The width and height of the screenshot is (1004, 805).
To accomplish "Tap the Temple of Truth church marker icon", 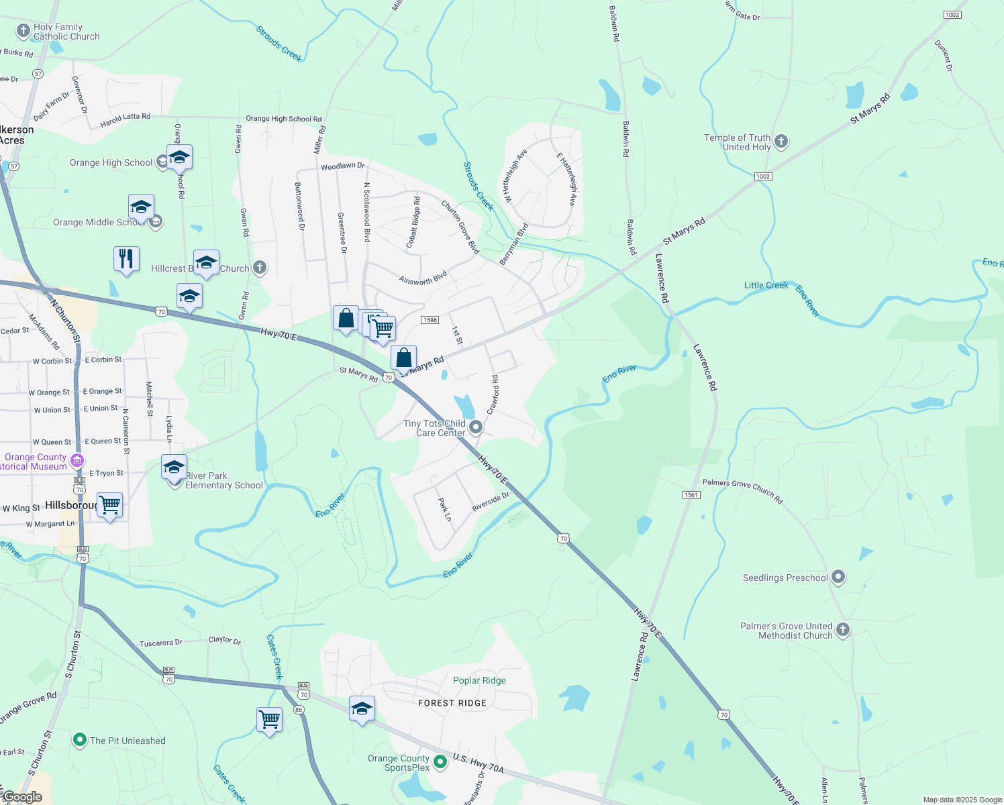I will [x=781, y=142].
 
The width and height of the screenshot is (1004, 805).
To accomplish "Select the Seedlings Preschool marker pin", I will [x=838, y=577].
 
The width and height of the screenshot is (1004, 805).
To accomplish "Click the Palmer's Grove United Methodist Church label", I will [x=786, y=631].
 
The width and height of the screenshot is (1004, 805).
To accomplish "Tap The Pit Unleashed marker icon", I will [x=80, y=740].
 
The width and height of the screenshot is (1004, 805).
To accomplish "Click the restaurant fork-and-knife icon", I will [x=126, y=258].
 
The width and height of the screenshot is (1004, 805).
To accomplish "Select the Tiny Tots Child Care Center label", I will [x=434, y=428].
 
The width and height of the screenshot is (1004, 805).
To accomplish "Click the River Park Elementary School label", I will [x=223, y=480].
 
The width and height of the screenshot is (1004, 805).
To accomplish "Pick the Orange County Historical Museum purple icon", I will [x=77, y=460].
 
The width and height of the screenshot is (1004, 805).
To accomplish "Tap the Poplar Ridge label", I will [x=479, y=680].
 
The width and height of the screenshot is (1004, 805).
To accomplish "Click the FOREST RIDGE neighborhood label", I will [x=452, y=703].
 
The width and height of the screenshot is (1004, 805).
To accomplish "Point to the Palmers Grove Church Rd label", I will [x=742, y=491].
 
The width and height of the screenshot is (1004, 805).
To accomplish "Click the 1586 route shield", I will [x=430, y=320].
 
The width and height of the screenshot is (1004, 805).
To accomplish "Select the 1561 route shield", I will [x=691, y=495].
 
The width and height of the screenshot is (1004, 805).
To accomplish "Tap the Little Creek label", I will [x=766, y=285].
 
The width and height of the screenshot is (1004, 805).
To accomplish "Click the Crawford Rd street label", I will [x=493, y=394].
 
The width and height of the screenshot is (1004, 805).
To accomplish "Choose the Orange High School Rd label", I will [x=283, y=119].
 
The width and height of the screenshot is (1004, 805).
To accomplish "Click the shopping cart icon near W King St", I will [x=109, y=504].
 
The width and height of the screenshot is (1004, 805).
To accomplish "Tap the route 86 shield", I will [x=299, y=710].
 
